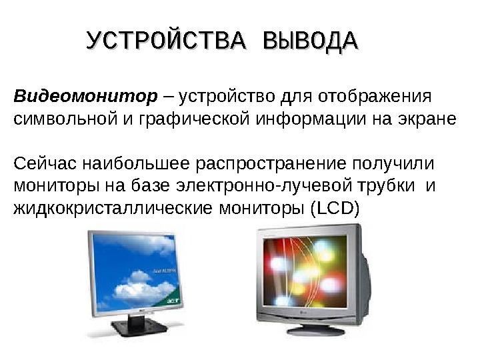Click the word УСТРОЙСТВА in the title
[x=169, y=41]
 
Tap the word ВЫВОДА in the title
[x=311, y=41]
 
